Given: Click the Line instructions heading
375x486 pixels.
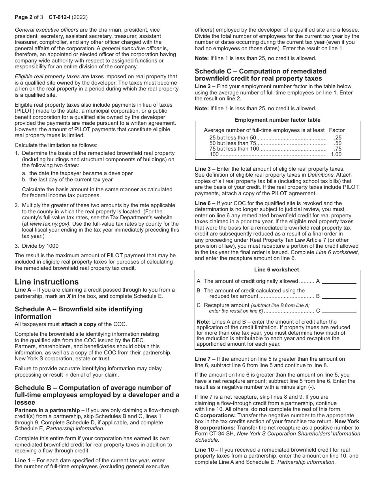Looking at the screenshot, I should pos(47,282).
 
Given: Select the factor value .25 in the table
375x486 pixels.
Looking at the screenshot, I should pos(337,138).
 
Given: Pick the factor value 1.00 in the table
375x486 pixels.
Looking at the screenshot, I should pos(336,154).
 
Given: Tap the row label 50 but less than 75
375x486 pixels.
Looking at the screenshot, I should pos(233,143).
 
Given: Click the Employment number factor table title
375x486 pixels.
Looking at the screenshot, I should pos(277,120).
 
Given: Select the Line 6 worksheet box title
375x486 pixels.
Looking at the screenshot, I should pos(276,270).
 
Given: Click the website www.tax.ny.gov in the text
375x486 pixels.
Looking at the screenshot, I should pos(49,224).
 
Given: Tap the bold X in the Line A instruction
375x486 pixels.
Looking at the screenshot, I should pos(69,296).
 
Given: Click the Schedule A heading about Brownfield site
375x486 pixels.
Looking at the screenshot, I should pos(79,313).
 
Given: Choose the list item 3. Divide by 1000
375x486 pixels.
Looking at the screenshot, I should pos(37,246).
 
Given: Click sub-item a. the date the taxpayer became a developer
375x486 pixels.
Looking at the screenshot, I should pos(77,173).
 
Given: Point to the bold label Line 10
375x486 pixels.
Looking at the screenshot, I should pos(204,450).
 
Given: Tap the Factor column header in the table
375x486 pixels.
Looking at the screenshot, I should pos(337,130).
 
